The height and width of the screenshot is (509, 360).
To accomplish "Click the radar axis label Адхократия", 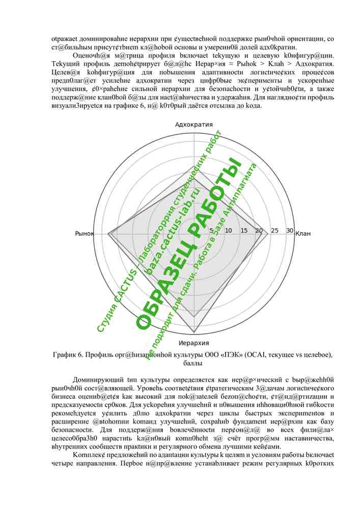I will [194, 125].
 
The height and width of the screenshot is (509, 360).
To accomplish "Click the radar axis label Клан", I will [303, 234].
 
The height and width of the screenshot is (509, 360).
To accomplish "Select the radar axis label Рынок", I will [85, 234].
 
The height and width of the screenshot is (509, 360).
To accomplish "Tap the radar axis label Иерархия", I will [194, 343].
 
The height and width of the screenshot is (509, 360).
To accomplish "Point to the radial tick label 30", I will [290, 231].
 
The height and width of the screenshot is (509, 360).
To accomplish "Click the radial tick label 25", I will [275, 231].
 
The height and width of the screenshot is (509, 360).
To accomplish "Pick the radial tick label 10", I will [229, 231].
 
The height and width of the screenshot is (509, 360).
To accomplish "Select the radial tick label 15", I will [244, 231].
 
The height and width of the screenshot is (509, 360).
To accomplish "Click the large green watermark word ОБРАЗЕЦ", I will [165, 285].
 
